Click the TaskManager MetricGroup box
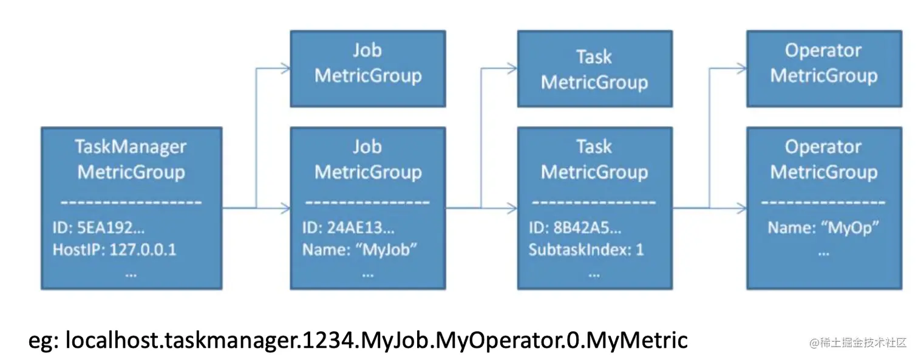(131, 208)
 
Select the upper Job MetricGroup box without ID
(368, 69)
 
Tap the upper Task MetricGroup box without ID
(594, 69)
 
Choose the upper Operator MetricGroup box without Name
(823, 69)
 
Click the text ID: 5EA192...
(98, 229)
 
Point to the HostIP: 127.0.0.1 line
(114, 250)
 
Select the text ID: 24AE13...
(348, 229)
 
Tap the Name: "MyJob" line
(360, 250)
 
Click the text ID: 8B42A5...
(575, 229)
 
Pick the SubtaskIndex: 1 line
(586, 250)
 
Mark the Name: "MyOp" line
(823, 228)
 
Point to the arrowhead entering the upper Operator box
(741, 69)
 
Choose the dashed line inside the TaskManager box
(131, 202)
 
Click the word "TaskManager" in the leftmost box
(131, 147)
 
